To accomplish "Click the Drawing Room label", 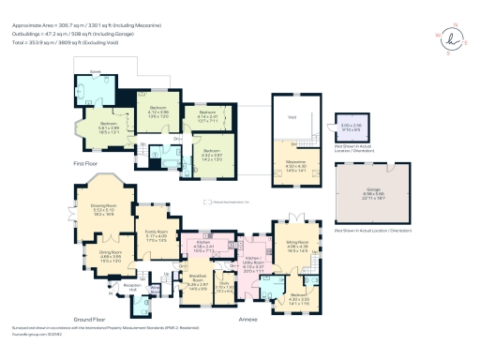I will click(97, 211).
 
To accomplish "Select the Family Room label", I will click(156, 233).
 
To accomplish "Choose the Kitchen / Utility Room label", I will click(256, 263).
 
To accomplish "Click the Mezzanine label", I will click(296, 166).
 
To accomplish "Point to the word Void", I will click(292, 115).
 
